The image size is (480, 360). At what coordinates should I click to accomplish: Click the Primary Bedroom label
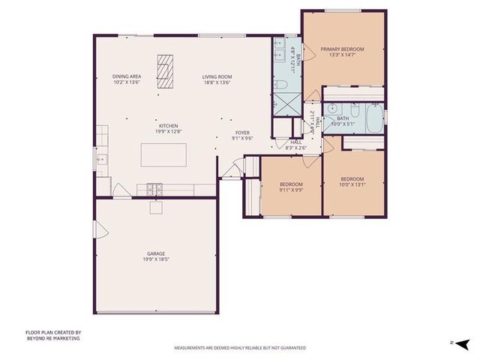[x=342, y=49]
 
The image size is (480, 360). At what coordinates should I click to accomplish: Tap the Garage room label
[x=156, y=253]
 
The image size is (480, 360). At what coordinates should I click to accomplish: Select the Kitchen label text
[x=167, y=125]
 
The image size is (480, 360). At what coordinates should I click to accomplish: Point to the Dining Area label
[x=127, y=76]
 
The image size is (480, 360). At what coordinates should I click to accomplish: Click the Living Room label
[x=217, y=76]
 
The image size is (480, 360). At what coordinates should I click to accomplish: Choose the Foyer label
[x=242, y=132]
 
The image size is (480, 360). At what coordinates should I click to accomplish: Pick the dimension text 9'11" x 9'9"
[x=291, y=190]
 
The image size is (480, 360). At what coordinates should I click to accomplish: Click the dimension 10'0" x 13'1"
[x=352, y=184]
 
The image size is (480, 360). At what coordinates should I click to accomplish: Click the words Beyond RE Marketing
[x=52, y=338]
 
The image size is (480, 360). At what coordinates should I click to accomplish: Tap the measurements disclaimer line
[x=240, y=348]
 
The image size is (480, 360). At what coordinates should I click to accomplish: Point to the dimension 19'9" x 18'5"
[x=156, y=259]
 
